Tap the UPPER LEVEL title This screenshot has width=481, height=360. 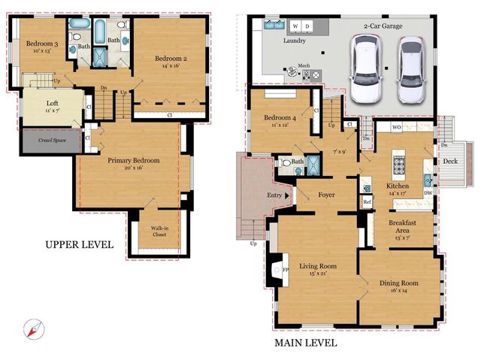(x=79, y=244)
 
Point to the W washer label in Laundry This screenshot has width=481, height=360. (x=295, y=26)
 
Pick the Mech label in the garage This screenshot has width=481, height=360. (x=304, y=65)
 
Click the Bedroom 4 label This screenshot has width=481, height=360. (x=281, y=118)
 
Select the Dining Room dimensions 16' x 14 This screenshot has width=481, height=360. (x=398, y=290)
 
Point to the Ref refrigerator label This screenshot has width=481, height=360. (x=367, y=202)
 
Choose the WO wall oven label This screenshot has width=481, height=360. (x=395, y=129)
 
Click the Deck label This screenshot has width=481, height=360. (x=449, y=160)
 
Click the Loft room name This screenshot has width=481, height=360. (x=52, y=104)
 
